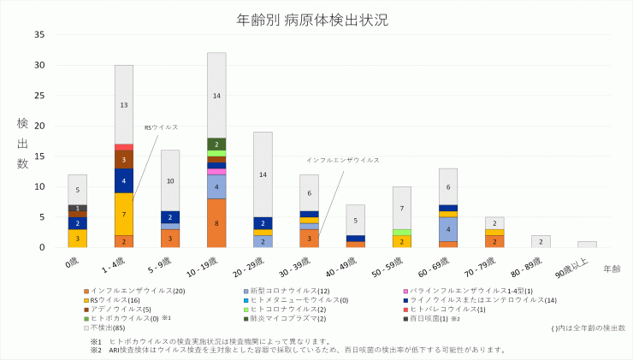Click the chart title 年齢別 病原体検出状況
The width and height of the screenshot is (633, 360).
[317, 18]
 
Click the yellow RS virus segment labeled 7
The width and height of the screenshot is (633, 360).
[124, 214]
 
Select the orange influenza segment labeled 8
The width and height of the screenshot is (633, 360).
[216, 223]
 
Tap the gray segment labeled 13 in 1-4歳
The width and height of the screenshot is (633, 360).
[124, 104]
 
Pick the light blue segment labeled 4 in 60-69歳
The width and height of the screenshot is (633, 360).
[448, 229]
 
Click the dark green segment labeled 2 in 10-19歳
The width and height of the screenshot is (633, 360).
[216, 145]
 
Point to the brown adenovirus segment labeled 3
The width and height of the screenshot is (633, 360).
[124, 159]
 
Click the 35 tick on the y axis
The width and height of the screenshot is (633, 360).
[39, 34]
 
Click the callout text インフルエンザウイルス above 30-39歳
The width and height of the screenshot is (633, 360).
[342, 160]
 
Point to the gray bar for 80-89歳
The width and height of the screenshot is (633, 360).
[541, 241]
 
